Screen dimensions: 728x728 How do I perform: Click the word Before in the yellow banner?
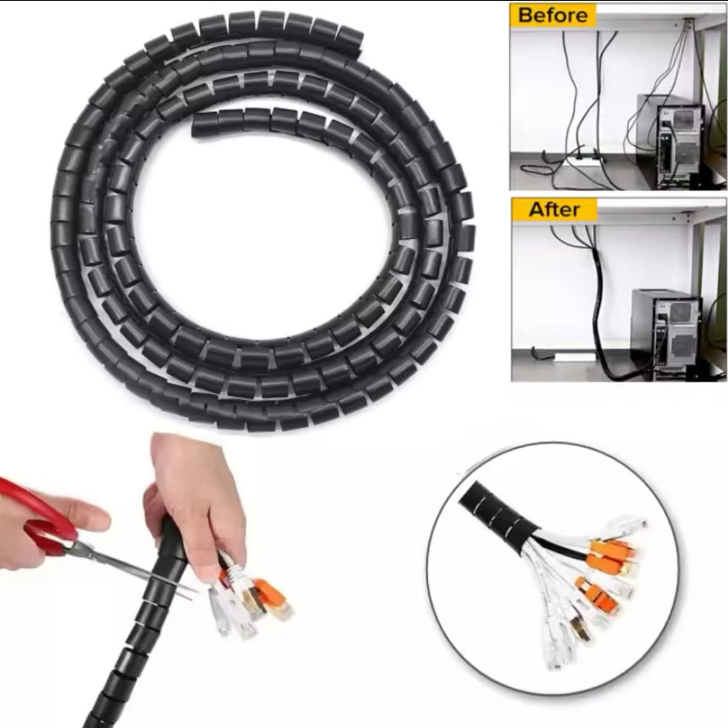pyautogui.click(x=553, y=15)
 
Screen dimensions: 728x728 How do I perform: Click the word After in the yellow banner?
pyautogui.click(x=554, y=210)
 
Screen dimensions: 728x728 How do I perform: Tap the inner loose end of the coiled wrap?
pyautogui.click(x=200, y=124)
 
